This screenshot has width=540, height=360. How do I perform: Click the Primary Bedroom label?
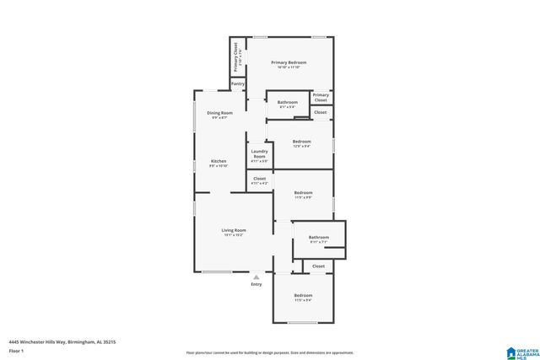(288, 63)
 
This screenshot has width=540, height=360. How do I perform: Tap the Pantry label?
(239, 84)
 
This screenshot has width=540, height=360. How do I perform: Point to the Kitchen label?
(219, 162)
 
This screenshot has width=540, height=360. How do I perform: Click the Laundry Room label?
(259, 154)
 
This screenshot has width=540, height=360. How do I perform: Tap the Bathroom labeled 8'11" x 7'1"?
(318, 238)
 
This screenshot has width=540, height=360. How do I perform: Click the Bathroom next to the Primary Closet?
(288, 103)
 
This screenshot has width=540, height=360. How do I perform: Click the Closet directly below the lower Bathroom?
(318, 266)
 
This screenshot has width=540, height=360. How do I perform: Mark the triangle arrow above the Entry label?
(256, 277)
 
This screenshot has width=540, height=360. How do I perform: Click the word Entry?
(256, 284)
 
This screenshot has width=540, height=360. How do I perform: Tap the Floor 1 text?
(17, 350)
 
